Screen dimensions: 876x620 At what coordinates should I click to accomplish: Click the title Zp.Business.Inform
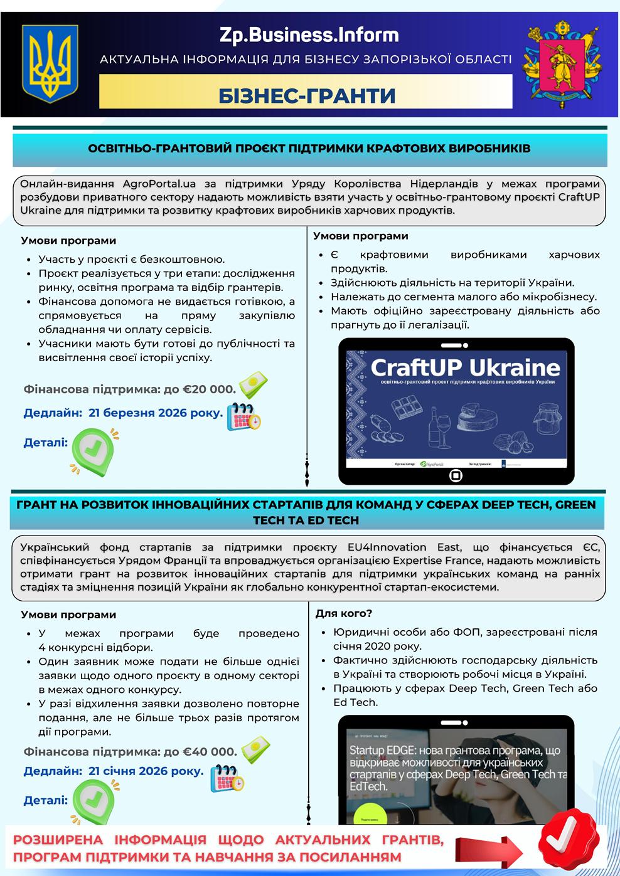[309, 34]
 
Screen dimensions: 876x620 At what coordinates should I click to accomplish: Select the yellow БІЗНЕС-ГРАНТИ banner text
[307, 95]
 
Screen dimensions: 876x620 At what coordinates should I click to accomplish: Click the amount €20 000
[209, 389]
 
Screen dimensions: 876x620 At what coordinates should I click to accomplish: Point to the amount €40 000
[210, 751]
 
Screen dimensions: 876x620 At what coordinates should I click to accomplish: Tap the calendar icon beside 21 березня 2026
[243, 414]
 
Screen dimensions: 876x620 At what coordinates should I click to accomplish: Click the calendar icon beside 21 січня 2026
[227, 778]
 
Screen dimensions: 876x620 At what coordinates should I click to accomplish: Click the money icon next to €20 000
[252, 383]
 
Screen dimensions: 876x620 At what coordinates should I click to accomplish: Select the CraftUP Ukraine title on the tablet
[465, 367]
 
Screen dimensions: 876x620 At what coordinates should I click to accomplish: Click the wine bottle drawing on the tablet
[433, 428]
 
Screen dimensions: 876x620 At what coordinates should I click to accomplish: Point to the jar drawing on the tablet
[545, 419]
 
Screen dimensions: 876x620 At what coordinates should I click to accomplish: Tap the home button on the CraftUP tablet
[456, 475]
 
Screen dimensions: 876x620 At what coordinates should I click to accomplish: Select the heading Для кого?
[343, 613]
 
